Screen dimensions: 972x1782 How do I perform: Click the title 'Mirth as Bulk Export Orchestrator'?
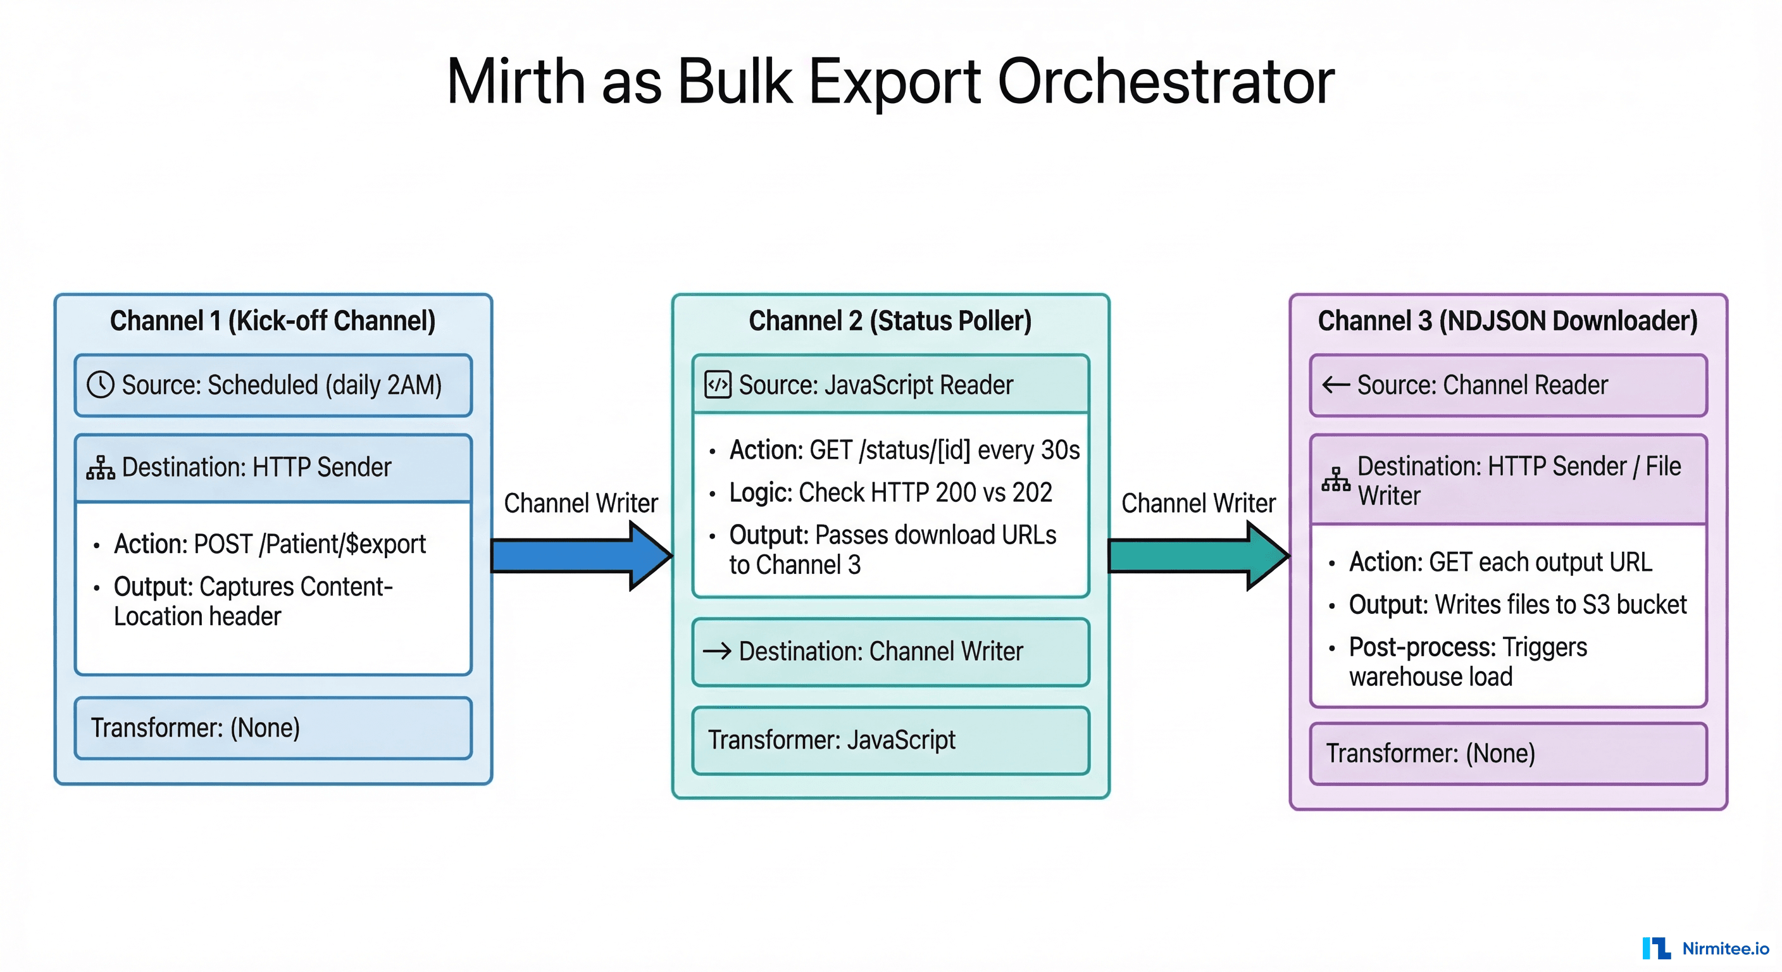click(x=890, y=82)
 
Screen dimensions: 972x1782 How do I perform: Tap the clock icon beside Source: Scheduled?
click(x=101, y=385)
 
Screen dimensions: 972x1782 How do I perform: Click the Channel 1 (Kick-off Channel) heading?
click(x=273, y=321)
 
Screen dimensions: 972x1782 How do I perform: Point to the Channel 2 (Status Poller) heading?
click(x=890, y=321)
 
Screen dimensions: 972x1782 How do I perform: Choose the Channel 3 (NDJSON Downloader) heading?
click(x=1507, y=321)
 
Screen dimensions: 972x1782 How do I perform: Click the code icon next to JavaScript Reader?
click(x=718, y=385)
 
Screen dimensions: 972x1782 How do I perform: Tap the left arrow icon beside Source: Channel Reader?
click(x=1336, y=385)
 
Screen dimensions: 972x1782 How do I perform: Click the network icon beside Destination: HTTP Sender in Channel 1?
click(x=101, y=468)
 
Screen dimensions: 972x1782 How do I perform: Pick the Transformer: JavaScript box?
click(x=890, y=740)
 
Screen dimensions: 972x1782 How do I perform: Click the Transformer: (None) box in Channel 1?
click(x=273, y=728)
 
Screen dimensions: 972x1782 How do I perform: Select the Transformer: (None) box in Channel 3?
click(x=1508, y=754)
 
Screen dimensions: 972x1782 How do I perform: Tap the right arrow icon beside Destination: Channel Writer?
click(x=718, y=651)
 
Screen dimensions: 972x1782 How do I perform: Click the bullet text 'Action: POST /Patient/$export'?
click(x=270, y=544)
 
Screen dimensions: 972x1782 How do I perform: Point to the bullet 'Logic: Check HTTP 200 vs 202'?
click(x=890, y=492)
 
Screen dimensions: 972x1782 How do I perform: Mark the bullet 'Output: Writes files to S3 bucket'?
click(x=1517, y=604)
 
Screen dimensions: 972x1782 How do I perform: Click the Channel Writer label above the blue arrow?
click(x=580, y=503)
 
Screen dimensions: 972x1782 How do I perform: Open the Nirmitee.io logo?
click(x=1705, y=948)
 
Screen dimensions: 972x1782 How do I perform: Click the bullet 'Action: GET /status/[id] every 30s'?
click(x=904, y=451)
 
